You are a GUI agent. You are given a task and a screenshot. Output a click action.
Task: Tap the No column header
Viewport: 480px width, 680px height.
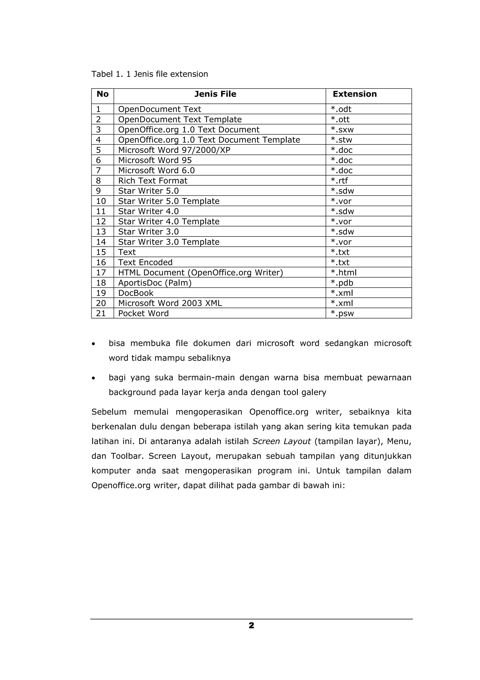(102, 94)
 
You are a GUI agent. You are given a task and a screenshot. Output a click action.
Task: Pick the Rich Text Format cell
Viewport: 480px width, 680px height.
(153, 181)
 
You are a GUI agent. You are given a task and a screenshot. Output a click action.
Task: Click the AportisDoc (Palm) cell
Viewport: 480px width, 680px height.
(155, 283)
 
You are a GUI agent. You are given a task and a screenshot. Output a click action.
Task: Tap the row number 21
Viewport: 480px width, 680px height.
(101, 313)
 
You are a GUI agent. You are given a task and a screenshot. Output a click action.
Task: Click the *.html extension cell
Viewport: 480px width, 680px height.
(343, 272)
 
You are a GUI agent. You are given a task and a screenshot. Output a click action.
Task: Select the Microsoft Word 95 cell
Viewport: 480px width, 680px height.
(155, 160)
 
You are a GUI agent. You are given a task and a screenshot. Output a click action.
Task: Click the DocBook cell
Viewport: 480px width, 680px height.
(136, 293)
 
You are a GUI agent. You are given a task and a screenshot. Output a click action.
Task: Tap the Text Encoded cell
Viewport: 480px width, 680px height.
(145, 262)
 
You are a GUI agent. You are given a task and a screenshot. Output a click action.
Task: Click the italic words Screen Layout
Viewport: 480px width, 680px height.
(281, 441)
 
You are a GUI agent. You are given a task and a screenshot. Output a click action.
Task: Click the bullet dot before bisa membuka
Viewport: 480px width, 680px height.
(94, 344)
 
